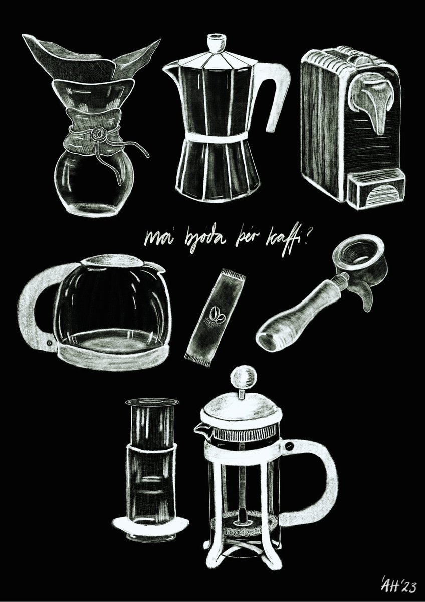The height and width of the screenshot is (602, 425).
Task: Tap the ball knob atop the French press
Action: [243, 377]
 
